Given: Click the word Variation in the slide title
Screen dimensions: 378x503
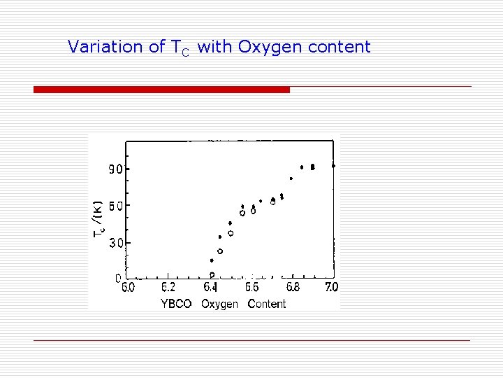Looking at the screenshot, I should pos(95,47).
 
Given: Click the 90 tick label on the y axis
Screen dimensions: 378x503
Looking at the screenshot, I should pos(115,169).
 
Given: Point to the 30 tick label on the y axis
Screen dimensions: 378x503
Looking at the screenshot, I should pos(115,243).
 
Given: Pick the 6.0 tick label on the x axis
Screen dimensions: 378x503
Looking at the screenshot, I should pos(129,287).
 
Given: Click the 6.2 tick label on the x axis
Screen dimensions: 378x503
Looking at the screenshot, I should pos(169,287).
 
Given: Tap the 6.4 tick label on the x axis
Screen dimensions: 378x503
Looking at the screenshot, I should pos(210,287).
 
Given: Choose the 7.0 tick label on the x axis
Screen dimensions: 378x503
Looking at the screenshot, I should pos(331,287).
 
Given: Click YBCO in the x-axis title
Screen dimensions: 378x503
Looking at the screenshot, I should pos(176,304).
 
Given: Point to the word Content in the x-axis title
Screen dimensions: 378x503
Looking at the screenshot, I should pos(267,304).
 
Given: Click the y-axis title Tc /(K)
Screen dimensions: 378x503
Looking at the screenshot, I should pos(99,218).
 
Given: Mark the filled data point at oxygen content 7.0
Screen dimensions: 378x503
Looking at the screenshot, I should pos(333,166).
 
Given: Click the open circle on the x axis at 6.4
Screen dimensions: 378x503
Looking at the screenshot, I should pos(212,275).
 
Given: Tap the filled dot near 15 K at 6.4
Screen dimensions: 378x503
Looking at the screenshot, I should pos(212,260).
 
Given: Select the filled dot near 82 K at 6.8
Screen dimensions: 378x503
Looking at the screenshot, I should pos(291,178).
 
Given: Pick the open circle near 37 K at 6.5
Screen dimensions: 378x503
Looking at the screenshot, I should pos(231,233).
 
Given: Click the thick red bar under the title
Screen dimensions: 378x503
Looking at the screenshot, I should pos(161,90).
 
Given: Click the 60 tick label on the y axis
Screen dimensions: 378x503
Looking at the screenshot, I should pos(115,206).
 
